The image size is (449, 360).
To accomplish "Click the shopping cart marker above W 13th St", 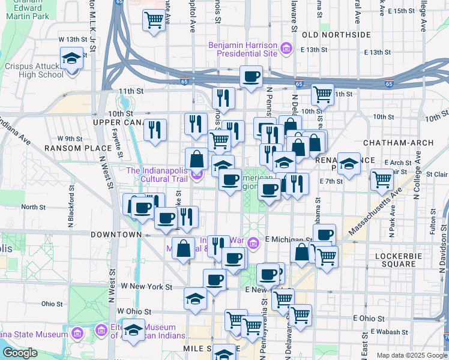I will (154, 20).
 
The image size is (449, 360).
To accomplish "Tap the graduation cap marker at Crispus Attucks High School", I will (71, 59).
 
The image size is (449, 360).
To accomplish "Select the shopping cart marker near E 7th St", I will (382, 179).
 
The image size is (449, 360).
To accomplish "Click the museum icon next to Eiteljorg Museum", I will (100, 329).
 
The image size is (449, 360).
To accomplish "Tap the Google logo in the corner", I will (20, 353).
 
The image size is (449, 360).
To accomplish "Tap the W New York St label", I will (147, 287).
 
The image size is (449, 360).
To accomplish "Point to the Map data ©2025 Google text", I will (411, 355).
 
